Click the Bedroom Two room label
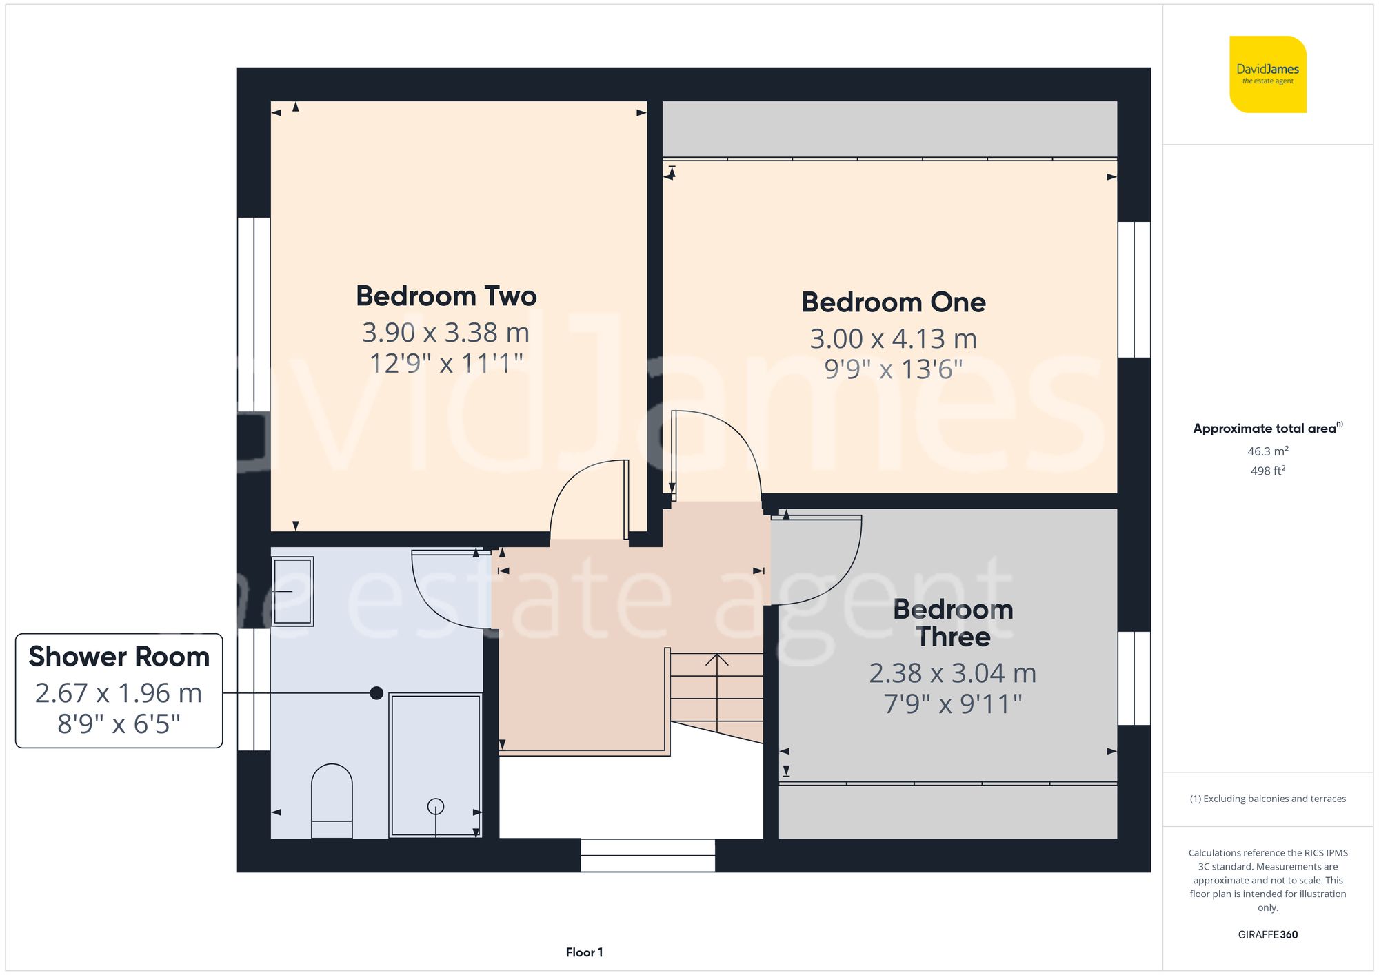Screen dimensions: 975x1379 tap(446, 296)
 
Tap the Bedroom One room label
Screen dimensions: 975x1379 tap(893, 302)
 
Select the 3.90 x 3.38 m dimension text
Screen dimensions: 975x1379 tap(445, 333)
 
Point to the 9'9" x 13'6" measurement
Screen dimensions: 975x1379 tap(893, 369)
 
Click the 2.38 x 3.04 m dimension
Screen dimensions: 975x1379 tap(952, 673)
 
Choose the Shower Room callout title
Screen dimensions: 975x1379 tap(119, 657)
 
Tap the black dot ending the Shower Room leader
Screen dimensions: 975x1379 tap(376, 693)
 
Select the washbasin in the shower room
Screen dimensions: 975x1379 tap(292, 591)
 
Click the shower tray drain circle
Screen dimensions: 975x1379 tap(436, 805)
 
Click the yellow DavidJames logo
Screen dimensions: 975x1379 tap(1267, 74)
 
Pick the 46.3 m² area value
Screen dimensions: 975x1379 tap(1267, 451)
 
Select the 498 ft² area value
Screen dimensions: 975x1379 tap(1267, 471)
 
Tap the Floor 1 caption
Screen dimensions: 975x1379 tap(584, 952)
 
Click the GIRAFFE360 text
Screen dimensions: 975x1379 tap(1267, 934)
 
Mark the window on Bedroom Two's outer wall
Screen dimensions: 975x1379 tap(253, 314)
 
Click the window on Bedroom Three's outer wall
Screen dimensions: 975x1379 tap(1134, 678)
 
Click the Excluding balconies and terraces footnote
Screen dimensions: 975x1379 tap(1267, 799)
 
